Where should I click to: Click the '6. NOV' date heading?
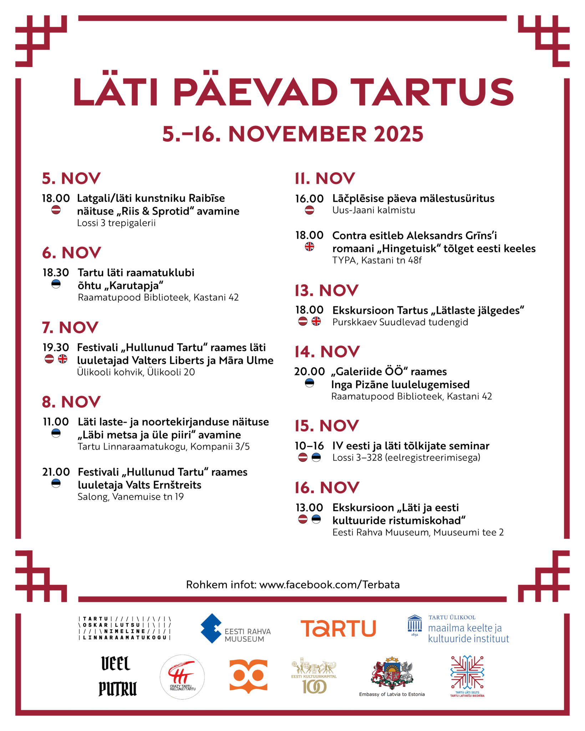coord(72,253)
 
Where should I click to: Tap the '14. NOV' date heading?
coord(327,352)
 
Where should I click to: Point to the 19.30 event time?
coord(56,347)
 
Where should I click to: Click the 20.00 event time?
coord(309,372)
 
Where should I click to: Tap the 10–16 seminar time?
coord(309,446)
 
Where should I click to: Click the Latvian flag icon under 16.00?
coord(309,210)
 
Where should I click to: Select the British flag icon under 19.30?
coord(62,359)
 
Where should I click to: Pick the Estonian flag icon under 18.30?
coord(56,284)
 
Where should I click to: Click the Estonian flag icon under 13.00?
coord(316,519)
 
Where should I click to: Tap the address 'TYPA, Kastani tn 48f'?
coord(377,260)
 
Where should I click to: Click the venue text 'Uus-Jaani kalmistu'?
coord(373,210)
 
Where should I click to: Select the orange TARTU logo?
coord(338,628)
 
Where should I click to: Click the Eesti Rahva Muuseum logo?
coord(235,628)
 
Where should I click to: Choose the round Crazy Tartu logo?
coord(182,677)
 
